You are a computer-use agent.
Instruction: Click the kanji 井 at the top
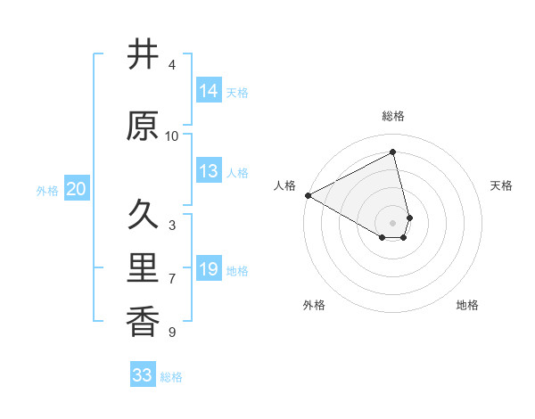click(x=143, y=55)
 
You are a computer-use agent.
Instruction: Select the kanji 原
click(x=143, y=127)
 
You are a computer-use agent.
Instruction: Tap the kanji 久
click(x=143, y=215)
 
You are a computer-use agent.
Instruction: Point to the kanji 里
click(x=143, y=268)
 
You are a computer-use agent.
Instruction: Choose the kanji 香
click(x=143, y=321)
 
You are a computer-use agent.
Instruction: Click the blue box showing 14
click(x=209, y=91)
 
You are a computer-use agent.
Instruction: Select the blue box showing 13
click(x=209, y=171)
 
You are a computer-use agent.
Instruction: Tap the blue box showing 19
click(x=209, y=269)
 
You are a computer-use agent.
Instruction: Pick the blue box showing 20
click(x=77, y=189)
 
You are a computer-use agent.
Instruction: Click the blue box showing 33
click(x=143, y=375)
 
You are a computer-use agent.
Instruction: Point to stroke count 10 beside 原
click(x=172, y=136)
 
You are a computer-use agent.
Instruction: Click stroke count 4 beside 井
click(x=172, y=65)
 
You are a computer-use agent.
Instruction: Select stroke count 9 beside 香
click(x=172, y=333)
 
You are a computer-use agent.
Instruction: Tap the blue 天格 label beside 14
click(x=237, y=93)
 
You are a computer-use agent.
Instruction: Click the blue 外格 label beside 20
click(x=47, y=191)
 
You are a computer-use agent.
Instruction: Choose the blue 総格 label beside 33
click(x=171, y=377)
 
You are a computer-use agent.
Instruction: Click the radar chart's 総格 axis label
click(x=393, y=116)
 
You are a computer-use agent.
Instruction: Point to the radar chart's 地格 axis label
click(x=467, y=305)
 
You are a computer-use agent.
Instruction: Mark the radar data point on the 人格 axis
click(x=308, y=194)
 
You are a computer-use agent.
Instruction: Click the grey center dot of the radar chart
click(x=393, y=222)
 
